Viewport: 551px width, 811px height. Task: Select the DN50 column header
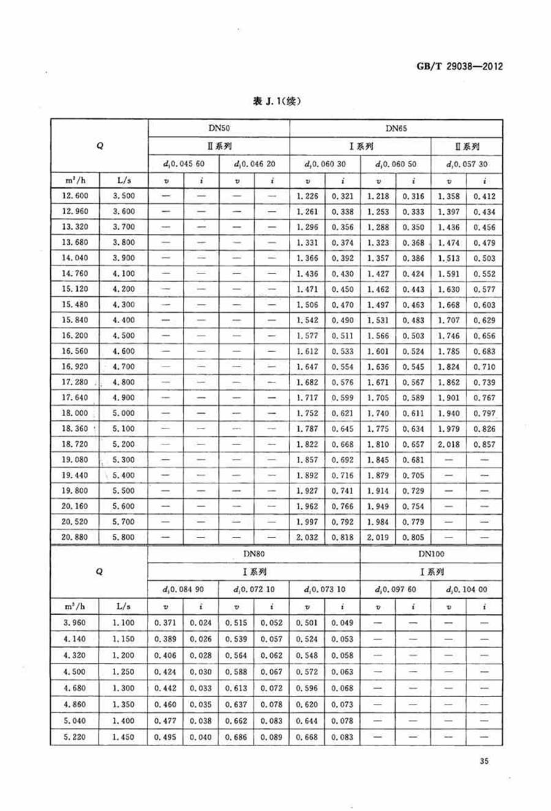point(218,129)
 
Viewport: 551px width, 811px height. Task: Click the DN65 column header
point(396,129)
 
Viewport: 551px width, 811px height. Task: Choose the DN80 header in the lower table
point(253,553)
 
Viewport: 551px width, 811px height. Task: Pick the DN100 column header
point(432,553)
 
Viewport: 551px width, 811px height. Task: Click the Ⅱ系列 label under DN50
point(218,146)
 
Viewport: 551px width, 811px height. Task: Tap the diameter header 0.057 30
point(467,164)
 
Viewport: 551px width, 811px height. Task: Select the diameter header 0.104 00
point(467,589)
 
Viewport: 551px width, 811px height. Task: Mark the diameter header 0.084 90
point(183,589)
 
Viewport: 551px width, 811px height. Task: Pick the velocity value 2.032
point(307,537)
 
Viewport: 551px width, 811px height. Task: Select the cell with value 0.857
point(484,444)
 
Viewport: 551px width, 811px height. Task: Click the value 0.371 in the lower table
point(165,622)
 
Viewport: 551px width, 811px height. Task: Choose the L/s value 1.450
point(123,737)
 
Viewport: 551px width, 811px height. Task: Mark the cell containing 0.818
point(342,537)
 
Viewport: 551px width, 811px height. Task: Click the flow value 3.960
point(75,622)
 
